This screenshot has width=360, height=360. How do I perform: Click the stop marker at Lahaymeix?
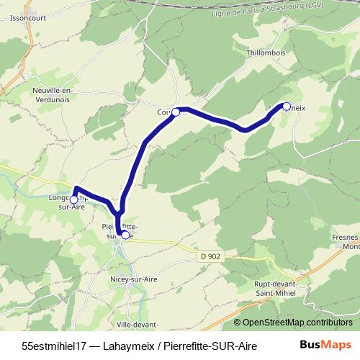click(x=286, y=107)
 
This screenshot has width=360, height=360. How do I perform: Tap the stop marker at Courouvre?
click(x=176, y=112)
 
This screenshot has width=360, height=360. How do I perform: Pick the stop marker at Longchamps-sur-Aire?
click(x=73, y=199)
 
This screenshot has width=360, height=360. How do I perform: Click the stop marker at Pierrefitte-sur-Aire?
click(x=125, y=235)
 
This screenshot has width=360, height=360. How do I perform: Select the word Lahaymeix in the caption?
click(x=125, y=345)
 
